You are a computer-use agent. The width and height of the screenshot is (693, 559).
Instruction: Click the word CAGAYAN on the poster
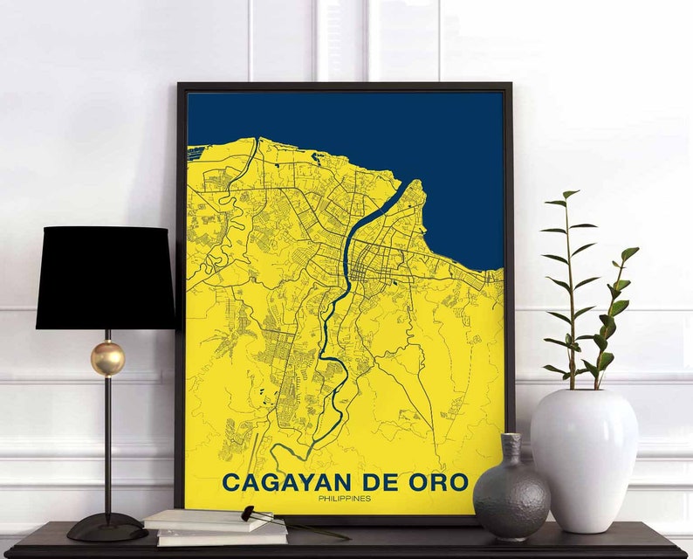tap(285, 482)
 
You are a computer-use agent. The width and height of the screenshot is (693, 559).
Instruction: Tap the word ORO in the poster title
tap(442, 482)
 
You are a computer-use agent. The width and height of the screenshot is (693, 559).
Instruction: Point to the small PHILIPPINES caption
tap(345, 499)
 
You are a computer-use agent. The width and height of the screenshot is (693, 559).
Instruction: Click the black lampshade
tap(105, 278)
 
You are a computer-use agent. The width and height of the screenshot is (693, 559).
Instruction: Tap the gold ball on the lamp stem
tap(107, 358)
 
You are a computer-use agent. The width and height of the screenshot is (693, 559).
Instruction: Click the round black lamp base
tap(106, 527)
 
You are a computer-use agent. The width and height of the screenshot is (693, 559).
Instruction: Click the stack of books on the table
tap(214, 528)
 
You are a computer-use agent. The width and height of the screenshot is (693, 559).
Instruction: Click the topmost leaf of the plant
tap(570, 195)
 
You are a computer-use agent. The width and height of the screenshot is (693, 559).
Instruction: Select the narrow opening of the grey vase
tap(511, 438)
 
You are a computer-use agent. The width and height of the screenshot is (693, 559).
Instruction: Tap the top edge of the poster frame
tap(345, 86)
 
